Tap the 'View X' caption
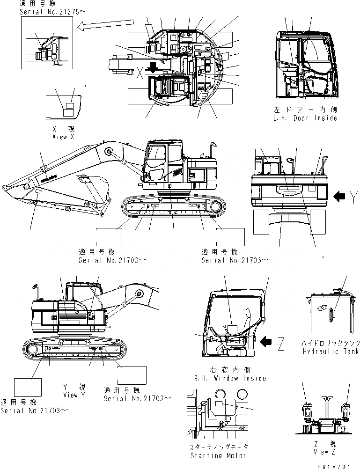63,137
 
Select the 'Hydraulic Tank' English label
331,352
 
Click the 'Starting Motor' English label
218,455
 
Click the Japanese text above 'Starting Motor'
218,448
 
